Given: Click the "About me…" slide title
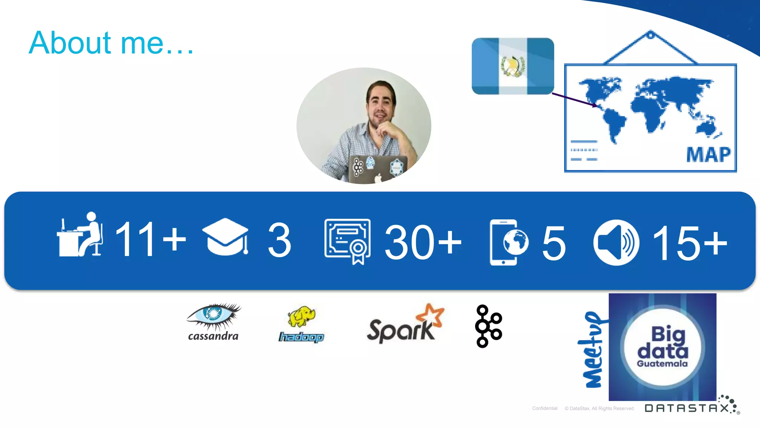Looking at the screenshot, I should (x=111, y=43).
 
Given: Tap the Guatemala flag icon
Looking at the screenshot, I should (x=513, y=66).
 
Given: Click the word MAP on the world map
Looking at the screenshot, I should (x=708, y=155).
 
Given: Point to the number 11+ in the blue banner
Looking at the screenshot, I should (x=150, y=239).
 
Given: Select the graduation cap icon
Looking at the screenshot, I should (x=226, y=237).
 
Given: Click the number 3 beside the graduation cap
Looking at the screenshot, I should (x=279, y=240).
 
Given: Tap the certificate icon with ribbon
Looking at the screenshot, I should (x=347, y=241).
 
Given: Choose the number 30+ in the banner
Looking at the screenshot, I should (x=423, y=242).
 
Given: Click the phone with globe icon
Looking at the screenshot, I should (x=508, y=242).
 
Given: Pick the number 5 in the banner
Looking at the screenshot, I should (x=554, y=243).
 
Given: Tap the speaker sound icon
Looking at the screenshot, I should (x=616, y=243).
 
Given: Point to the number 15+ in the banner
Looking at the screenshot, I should (x=689, y=243).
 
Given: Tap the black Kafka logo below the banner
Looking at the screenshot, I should (x=488, y=326).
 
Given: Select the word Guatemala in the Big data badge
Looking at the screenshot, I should (x=662, y=364).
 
